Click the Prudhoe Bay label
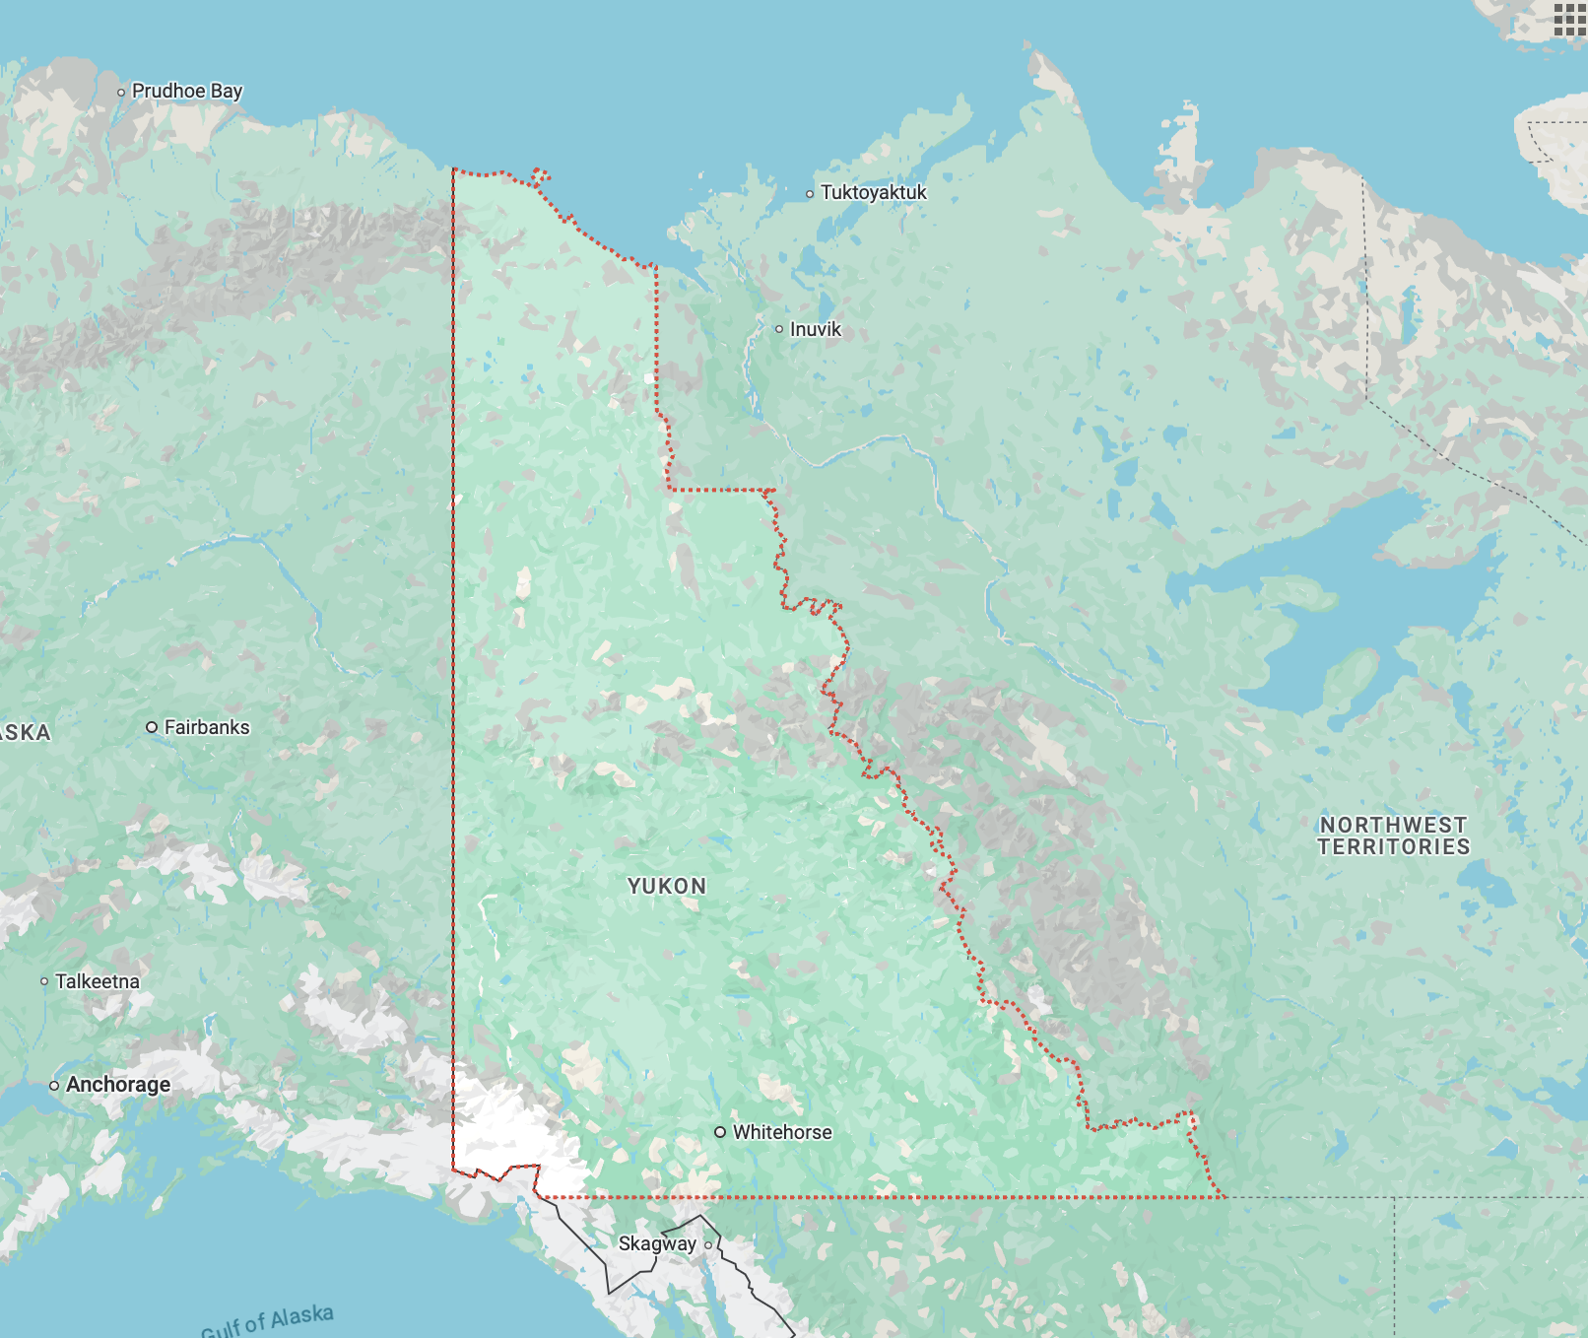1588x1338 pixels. (x=186, y=91)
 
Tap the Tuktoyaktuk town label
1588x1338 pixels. (x=873, y=192)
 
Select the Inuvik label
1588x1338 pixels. (x=815, y=329)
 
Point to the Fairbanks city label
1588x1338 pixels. (x=206, y=727)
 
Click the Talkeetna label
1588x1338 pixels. (x=97, y=981)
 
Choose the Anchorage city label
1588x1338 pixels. (x=117, y=1085)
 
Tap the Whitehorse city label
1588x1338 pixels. (x=781, y=1132)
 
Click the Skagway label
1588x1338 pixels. (x=656, y=1243)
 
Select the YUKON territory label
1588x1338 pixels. (x=667, y=886)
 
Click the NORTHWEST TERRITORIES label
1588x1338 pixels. (x=1393, y=836)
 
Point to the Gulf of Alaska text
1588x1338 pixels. (x=267, y=1319)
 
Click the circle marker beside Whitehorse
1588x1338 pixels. (x=720, y=1132)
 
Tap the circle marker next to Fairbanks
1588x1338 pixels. (x=152, y=727)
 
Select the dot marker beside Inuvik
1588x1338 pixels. (x=779, y=329)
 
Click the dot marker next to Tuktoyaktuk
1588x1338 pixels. (x=810, y=194)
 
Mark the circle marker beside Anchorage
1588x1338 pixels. (x=54, y=1086)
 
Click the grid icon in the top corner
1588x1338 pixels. (x=1568, y=19)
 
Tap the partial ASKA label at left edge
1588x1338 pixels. (x=24, y=732)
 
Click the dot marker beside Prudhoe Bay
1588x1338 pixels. (x=121, y=93)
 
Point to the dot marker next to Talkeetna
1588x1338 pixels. (x=44, y=981)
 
